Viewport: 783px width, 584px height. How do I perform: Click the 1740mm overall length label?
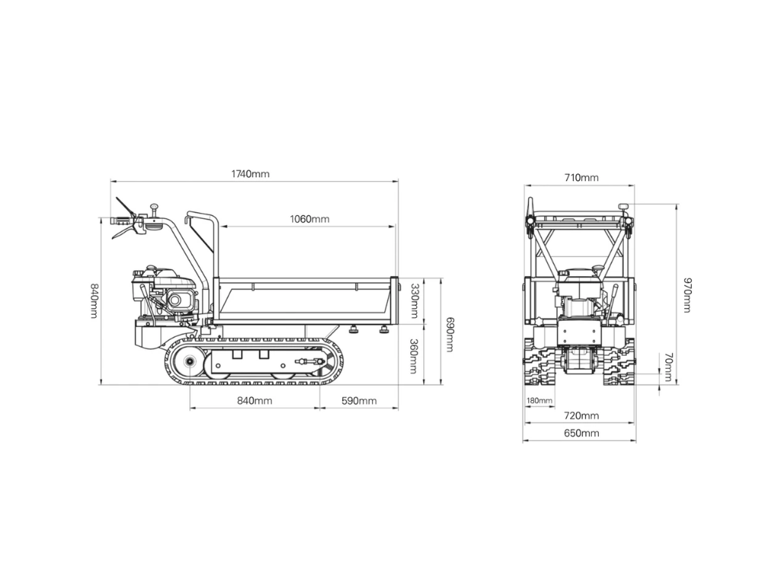tap(250, 173)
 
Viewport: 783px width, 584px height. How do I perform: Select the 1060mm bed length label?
tap(310, 219)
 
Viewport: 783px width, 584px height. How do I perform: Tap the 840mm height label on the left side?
tap(94, 300)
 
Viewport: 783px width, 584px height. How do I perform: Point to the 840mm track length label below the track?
tap(255, 400)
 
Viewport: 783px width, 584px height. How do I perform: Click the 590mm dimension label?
tap(359, 400)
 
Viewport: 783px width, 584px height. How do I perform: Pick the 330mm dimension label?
tap(414, 300)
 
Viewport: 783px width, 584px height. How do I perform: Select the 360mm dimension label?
tap(414, 356)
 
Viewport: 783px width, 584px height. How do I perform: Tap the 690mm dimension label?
tap(450, 335)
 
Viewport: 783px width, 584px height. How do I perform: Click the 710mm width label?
tap(581, 177)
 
